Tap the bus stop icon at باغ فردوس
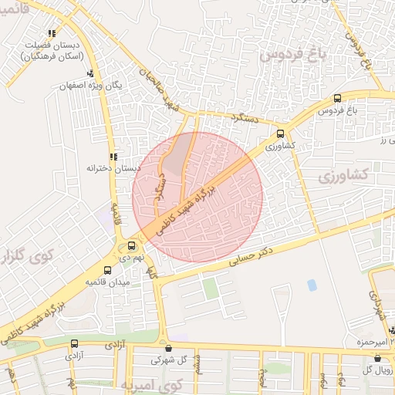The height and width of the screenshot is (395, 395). click(337, 99)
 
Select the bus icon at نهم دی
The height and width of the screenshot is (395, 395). click(131, 247)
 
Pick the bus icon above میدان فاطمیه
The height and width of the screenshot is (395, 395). click(107, 270)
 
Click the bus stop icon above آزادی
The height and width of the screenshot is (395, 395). click(74, 344)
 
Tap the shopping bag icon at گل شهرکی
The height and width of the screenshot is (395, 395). click(164, 347)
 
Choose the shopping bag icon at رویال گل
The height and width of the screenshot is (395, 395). click(376, 358)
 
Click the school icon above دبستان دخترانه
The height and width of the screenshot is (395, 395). click(113, 157)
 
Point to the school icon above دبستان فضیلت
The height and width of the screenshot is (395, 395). click(51, 34)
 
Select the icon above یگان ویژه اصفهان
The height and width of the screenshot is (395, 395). click(90, 73)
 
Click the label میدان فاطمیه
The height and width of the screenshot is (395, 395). click(106, 283)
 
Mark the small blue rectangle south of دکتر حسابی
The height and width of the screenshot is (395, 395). click(312, 285)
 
